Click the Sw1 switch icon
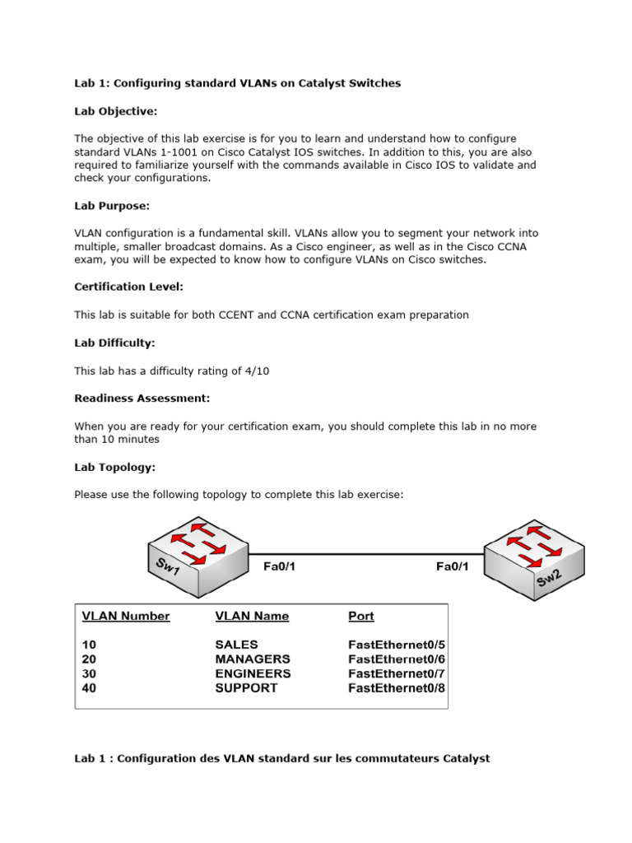coord(197,557)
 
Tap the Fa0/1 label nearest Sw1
coord(279,566)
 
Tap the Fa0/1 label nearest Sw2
coord(453,566)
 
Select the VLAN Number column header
coord(126,616)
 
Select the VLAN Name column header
coord(252,616)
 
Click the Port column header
coord(361,616)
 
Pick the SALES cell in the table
coord(236,645)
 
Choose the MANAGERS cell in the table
coord(252,659)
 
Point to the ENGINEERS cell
coord(253,673)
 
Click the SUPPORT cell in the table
coord(246,688)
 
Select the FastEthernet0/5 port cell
coord(397,645)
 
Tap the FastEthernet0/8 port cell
coord(397,688)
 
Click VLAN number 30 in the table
coord(89,673)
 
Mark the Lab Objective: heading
coord(115,110)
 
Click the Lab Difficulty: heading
coord(114,342)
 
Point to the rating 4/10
coord(256,370)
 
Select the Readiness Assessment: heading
coord(142,398)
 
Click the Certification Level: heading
coord(128,286)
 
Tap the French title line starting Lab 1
coord(281,758)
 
